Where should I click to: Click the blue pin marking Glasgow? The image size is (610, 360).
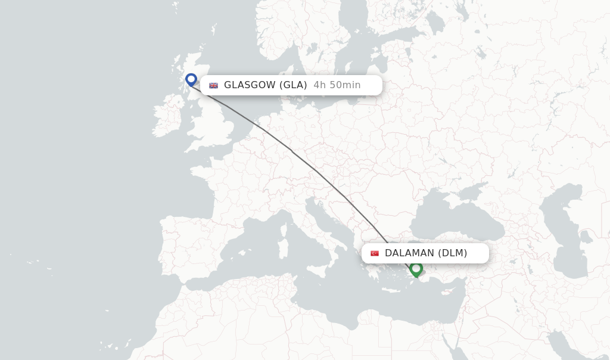(x=191, y=79)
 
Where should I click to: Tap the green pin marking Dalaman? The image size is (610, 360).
(x=416, y=269)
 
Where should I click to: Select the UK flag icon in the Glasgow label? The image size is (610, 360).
(x=213, y=85)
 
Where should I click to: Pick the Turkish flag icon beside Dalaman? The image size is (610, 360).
(x=375, y=253)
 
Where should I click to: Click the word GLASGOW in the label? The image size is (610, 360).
(x=250, y=85)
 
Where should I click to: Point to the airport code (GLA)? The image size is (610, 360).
(x=294, y=85)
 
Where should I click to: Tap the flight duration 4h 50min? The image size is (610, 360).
(x=337, y=85)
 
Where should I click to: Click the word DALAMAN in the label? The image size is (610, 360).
(x=410, y=253)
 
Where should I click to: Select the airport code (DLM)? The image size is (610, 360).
(x=453, y=253)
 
